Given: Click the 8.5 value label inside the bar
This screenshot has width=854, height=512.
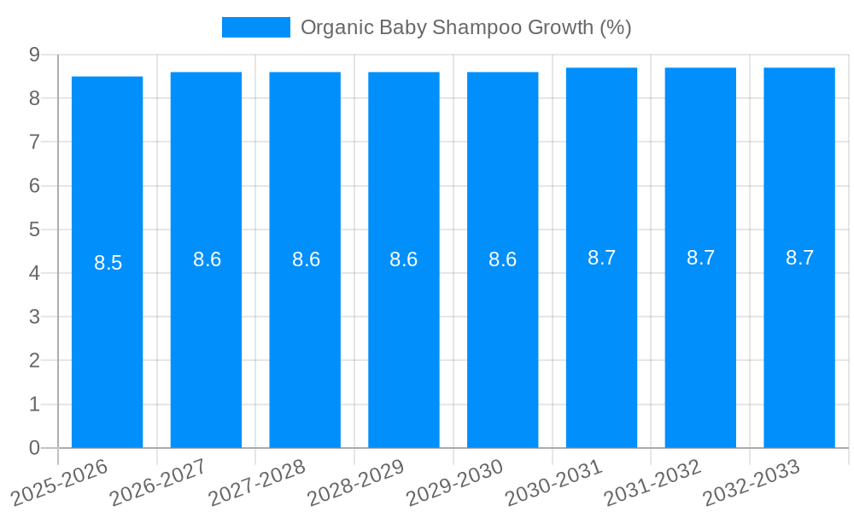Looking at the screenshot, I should (108, 263).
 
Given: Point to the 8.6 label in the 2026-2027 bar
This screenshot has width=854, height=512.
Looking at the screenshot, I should (207, 259).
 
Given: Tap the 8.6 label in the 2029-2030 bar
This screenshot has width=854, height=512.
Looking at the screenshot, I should (502, 259).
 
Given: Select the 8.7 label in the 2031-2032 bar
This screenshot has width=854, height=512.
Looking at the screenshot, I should (700, 258).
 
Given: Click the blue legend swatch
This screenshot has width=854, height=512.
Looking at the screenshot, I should (255, 27).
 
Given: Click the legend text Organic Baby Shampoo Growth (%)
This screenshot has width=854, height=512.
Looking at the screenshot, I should (465, 27).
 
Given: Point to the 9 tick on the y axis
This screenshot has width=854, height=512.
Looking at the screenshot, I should (34, 55).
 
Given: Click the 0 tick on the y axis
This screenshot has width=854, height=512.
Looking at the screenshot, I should (34, 448).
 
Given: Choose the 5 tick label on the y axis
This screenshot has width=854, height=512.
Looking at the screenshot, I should (34, 230).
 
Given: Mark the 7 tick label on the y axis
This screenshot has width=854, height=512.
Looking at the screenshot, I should (34, 142).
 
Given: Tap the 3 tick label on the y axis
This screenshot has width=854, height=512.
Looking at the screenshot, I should (34, 317).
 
